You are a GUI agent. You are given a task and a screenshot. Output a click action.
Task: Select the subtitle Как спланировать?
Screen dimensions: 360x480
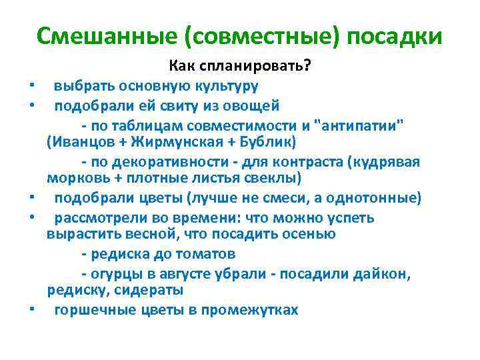239,67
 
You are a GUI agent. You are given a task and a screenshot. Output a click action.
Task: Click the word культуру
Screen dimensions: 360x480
226,86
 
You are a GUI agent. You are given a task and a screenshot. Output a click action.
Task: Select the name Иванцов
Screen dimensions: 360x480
79,143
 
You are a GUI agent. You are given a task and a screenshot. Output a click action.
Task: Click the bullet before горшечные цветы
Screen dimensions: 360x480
32,310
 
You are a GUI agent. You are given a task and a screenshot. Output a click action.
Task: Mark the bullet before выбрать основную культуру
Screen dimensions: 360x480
32,87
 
